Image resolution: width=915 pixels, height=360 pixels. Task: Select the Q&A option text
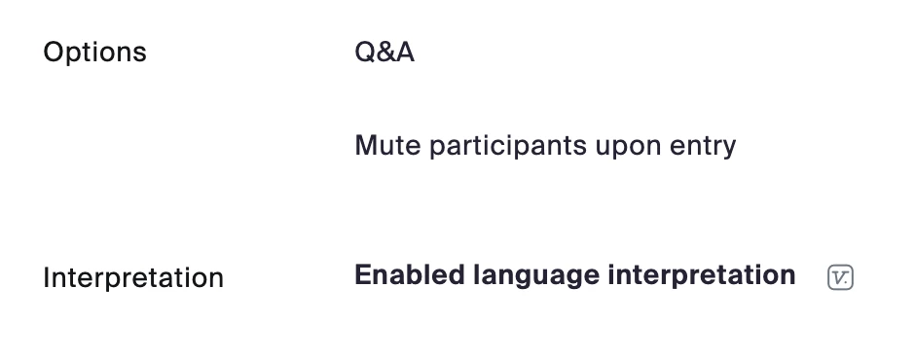384,52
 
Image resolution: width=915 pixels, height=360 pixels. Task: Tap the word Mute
387,145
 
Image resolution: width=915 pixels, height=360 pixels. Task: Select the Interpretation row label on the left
133,278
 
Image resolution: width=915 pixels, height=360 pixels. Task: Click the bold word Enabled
409,274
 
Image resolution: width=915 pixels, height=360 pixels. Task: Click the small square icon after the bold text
840,277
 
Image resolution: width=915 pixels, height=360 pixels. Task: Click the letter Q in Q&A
365,53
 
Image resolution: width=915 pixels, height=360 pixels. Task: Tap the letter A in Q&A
405,53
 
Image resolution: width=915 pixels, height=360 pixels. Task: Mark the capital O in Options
54,52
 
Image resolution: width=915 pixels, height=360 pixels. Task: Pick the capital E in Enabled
363,274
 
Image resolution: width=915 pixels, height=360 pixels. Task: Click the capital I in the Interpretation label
46,277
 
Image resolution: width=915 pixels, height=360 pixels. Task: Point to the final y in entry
729,150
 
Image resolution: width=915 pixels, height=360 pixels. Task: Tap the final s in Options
139,54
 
